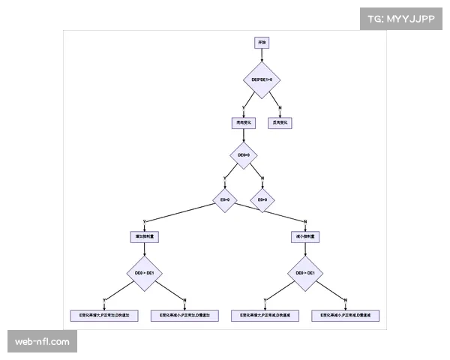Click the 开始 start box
point(261,43)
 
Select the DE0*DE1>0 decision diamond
point(261,79)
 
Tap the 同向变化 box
point(243,122)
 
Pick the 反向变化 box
point(280,122)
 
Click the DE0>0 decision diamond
point(243,156)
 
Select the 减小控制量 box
point(305,236)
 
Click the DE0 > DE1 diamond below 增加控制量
point(144,274)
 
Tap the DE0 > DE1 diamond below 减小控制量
point(305,274)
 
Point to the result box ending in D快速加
point(104,316)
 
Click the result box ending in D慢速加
point(184,316)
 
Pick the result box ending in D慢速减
point(346,316)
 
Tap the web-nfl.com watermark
point(42,342)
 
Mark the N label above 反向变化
point(280,108)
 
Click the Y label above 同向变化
point(243,108)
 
